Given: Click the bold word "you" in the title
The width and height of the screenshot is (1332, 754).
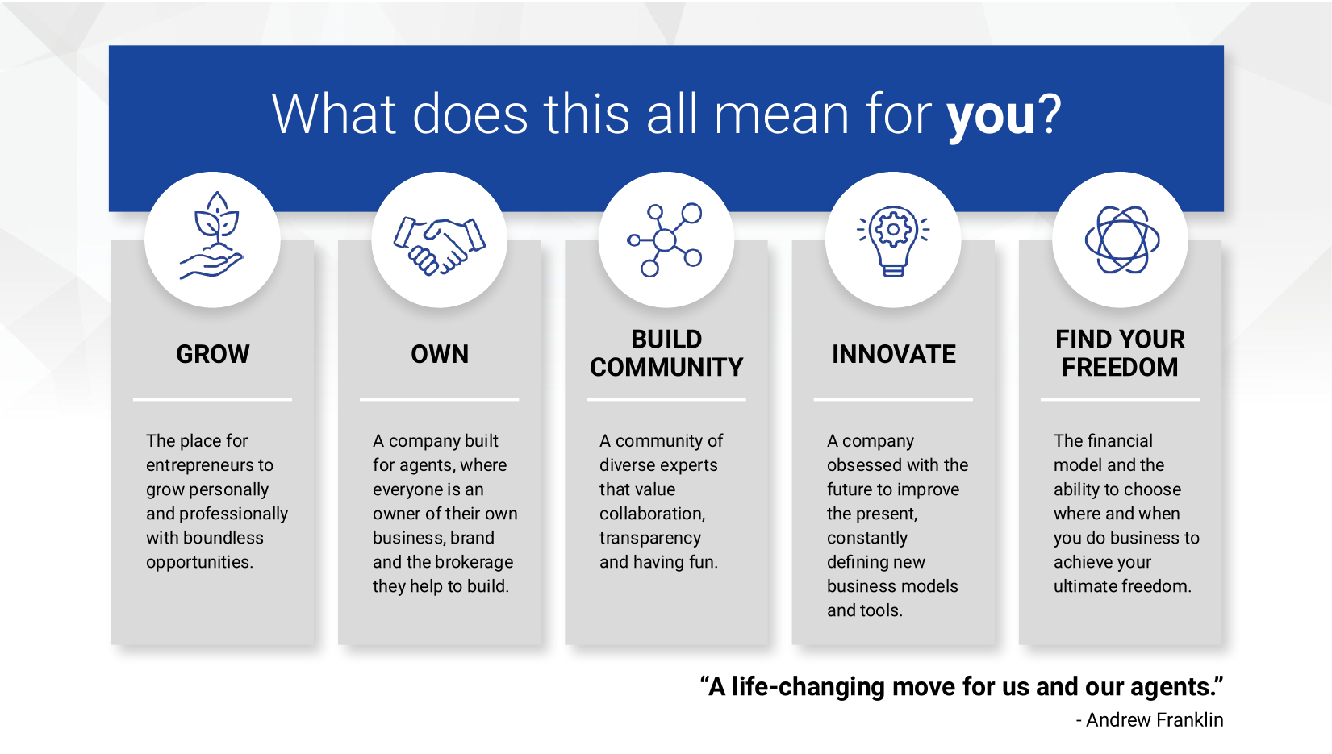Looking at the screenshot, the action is (992, 116).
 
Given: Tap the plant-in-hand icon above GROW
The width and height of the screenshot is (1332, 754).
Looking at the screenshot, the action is (212, 235).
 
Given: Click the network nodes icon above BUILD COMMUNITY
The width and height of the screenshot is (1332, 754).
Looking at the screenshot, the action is (666, 240).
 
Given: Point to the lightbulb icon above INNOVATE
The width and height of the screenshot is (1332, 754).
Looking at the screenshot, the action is (893, 240).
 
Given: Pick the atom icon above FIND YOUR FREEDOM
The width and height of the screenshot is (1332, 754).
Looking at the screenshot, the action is (1121, 240).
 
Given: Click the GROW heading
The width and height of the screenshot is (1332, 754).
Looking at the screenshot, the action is (213, 354).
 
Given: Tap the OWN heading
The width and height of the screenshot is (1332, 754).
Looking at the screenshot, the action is (440, 354).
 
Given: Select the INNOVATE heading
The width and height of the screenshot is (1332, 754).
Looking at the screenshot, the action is (894, 354).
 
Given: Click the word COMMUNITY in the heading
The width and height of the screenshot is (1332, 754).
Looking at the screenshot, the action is (666, 367).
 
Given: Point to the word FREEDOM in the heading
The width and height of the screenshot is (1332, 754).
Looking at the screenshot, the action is (1121, 367).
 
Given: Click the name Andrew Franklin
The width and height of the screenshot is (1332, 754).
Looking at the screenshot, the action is (1155, 720).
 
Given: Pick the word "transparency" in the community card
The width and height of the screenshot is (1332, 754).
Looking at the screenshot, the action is (650, 539).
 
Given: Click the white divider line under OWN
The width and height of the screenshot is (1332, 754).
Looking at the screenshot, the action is (440, 400).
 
